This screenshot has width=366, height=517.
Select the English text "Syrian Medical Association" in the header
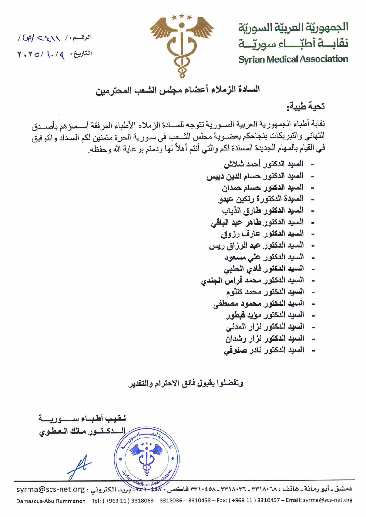[x=293, y=59]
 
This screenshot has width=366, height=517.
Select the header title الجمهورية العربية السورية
[x=293, y=28]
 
